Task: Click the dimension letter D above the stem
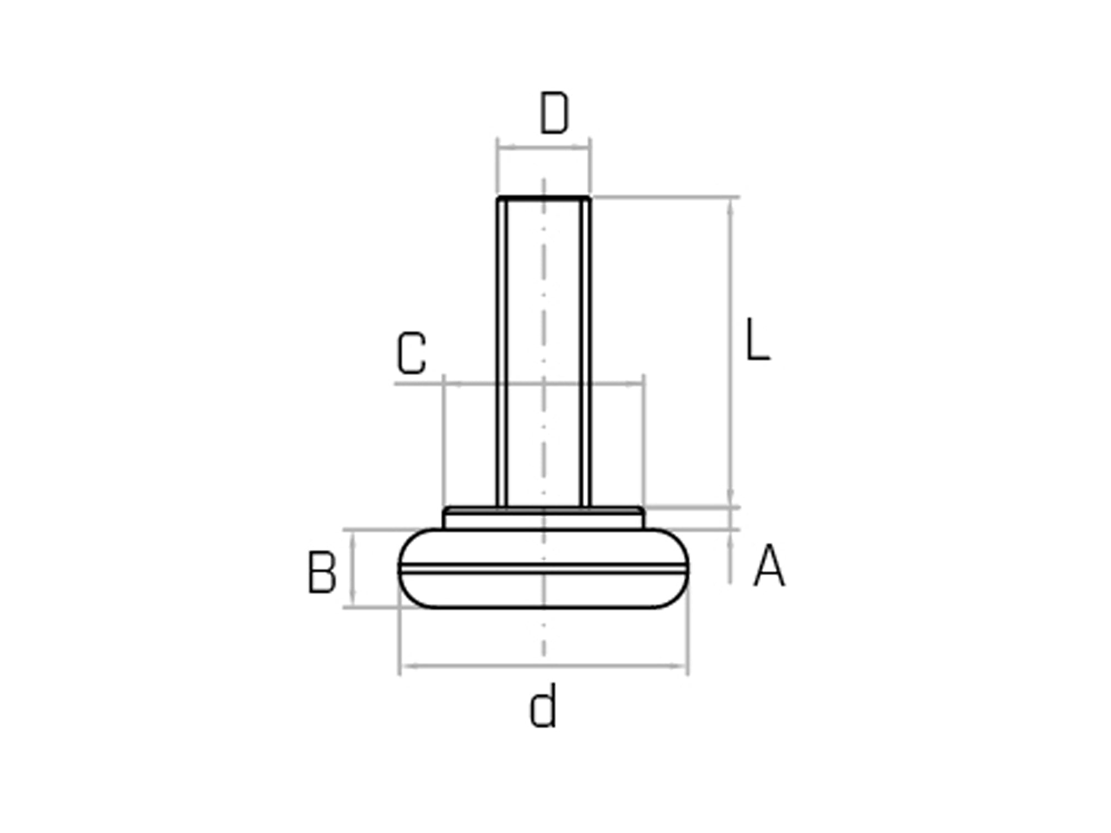[553, 114]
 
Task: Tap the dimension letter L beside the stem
[758, 340]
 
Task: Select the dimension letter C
[412, 353]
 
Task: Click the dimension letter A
[769, 566]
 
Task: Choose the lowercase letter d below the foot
[543, 707]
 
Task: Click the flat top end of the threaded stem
[544, 197]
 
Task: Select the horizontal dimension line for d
[544, 667]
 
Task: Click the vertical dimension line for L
[731, 353]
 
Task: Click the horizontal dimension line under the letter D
[544, 147]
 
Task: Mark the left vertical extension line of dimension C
[444, 441]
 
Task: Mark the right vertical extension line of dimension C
[644, 441]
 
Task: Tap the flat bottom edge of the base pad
[544, 607]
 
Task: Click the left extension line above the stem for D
[498, 165]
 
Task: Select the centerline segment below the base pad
[544, 639]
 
